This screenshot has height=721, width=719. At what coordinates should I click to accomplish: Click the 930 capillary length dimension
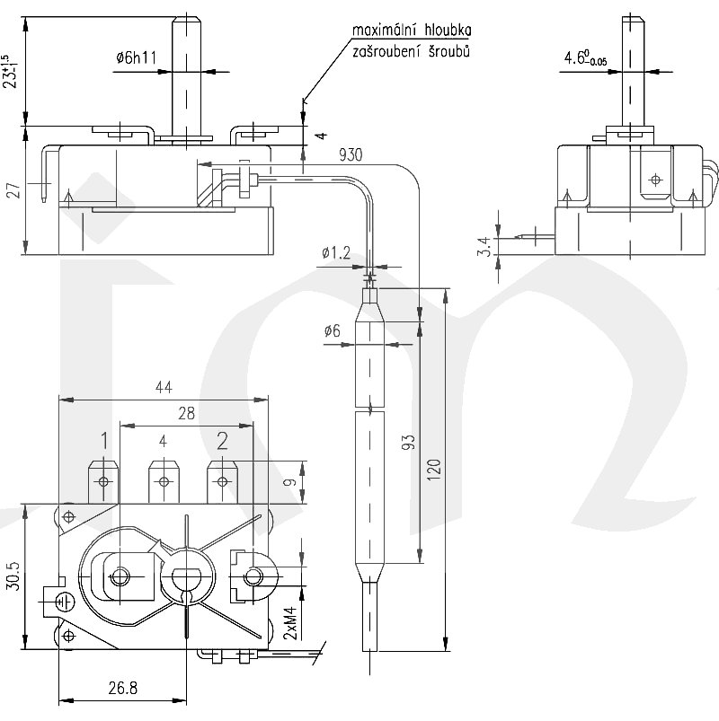[x=351, y=155]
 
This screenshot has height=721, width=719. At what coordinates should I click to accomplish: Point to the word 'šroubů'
[x=450, y=52]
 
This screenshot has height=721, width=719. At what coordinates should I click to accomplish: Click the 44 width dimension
[x=163, y=387]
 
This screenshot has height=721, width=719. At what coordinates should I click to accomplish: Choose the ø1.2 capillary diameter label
[x=335, y=254]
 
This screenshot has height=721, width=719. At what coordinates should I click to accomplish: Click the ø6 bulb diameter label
[x=332, y=330]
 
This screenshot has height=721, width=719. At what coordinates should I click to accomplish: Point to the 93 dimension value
[x=408, y=442]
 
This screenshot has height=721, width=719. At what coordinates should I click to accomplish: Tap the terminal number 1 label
[x=104, y=440]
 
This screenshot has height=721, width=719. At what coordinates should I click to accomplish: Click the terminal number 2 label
[x=222, y=440]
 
